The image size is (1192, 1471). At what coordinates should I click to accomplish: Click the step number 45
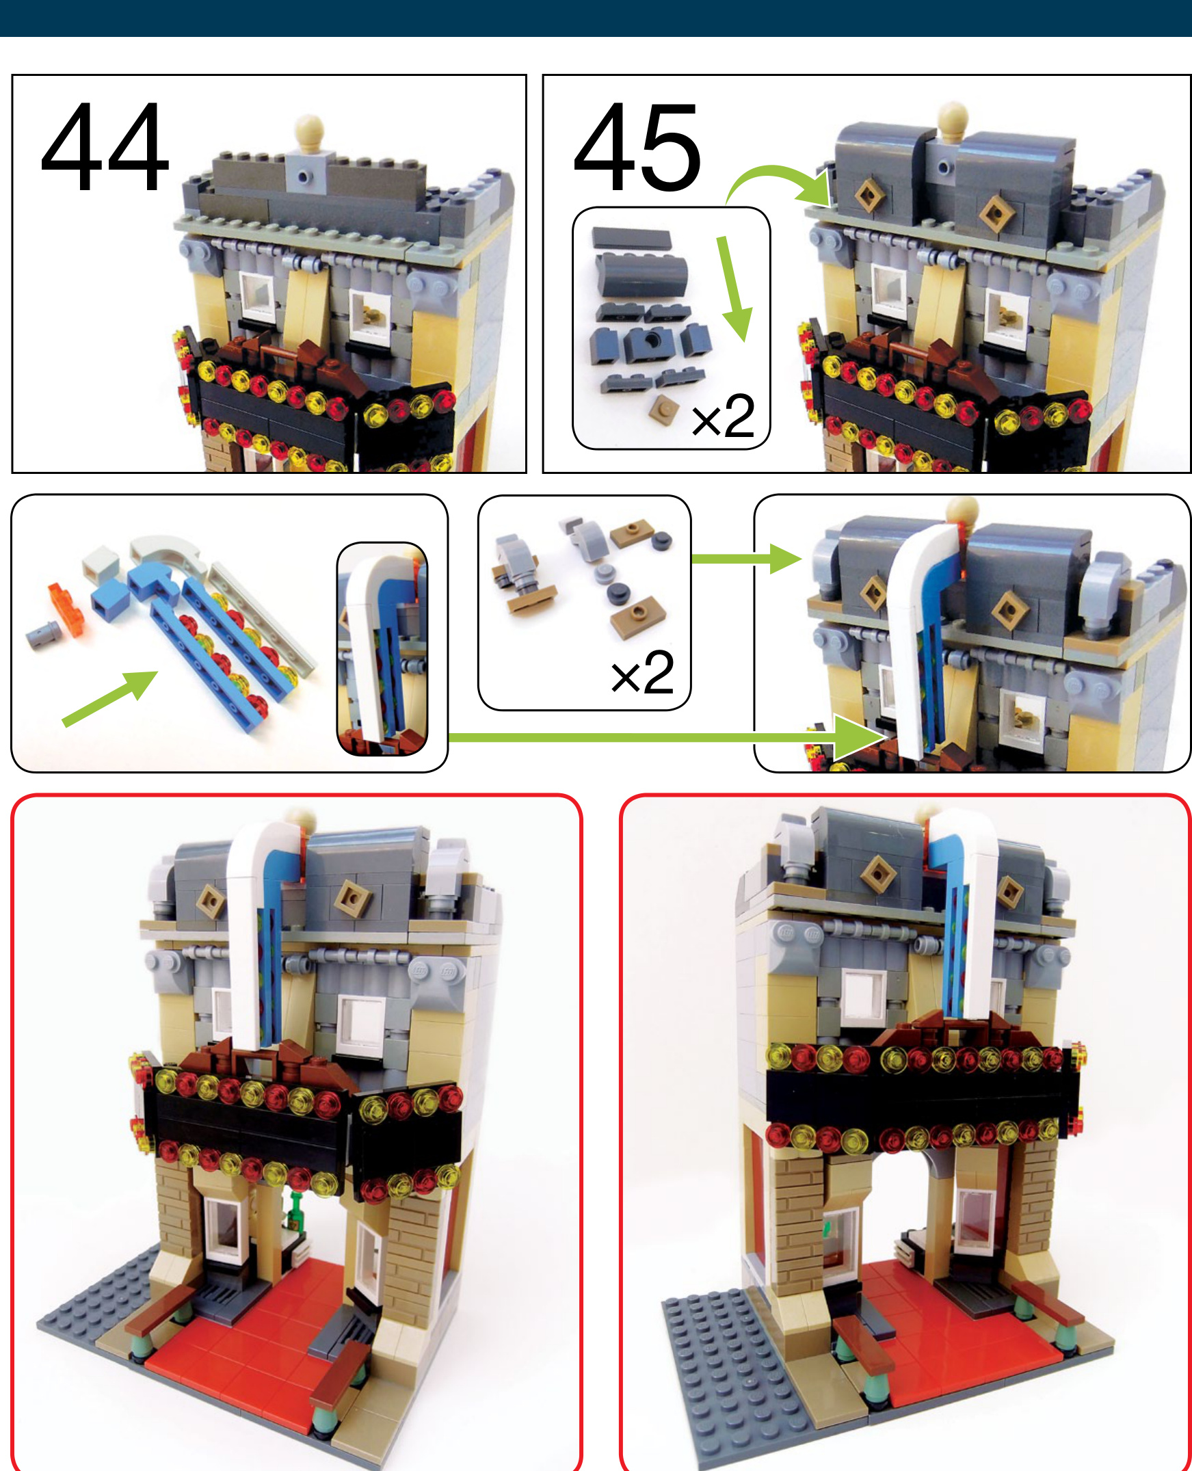click(637, 147)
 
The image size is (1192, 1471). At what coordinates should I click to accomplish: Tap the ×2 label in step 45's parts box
click(723, 416)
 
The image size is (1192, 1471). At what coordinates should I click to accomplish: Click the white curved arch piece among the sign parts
click(168, 553)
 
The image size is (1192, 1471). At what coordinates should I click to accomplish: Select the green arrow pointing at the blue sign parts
click(110, 698)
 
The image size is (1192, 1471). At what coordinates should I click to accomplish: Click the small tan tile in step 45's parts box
click(664, 409)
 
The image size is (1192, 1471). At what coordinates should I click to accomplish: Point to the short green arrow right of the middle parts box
click(745, 558)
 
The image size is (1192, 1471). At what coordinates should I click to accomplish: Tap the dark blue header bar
click(596, 18)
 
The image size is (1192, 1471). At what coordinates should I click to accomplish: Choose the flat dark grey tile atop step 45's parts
click(631, 238)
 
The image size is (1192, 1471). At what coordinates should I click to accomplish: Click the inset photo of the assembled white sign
click(382, 650)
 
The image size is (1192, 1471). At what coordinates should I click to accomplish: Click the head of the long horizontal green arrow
click(858, 738)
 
